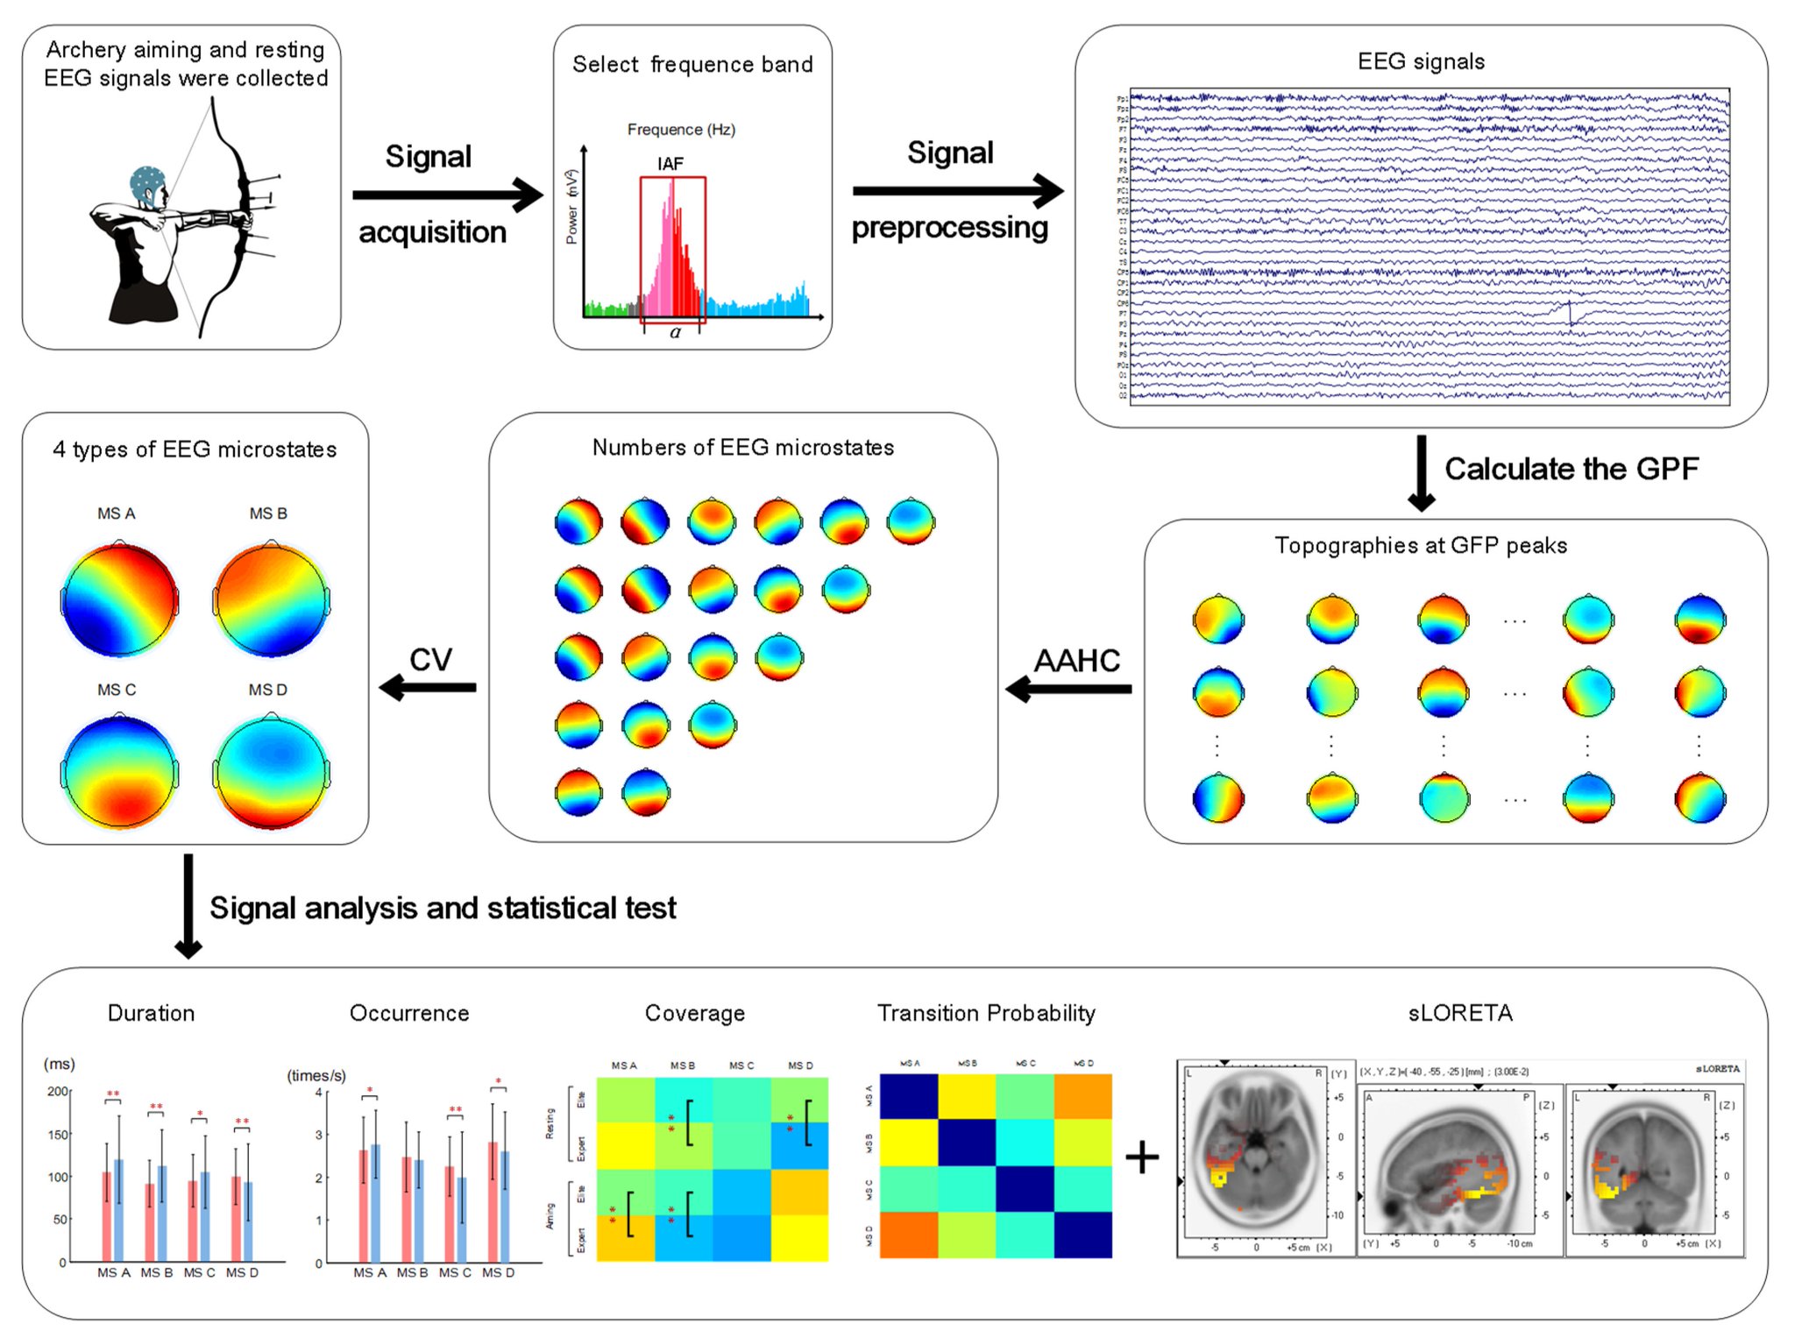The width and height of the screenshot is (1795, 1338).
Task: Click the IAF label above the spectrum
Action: point(670,164)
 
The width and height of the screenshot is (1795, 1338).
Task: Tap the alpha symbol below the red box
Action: point(675,333)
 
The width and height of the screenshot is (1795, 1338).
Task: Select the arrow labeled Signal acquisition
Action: point(447,195)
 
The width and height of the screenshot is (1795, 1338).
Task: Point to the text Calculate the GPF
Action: point(1571,469)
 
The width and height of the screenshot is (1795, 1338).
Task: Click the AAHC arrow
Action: point(1069,689)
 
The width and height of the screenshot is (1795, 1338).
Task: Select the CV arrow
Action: point(429,688)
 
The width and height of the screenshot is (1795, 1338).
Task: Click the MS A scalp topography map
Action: point(119,600)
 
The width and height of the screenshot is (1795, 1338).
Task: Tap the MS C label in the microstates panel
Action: point(117,690)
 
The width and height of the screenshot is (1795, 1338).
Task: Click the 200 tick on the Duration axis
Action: point(58,1091)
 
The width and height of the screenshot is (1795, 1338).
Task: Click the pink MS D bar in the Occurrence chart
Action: point(493,1202)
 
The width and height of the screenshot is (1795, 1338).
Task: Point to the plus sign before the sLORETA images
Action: point(1142,1157)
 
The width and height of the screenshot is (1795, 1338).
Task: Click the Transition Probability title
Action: point(986,1013)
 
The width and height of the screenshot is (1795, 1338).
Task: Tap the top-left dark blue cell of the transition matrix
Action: point(908,1097)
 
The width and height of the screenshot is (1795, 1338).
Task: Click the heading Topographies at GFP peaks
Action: point(1420,545)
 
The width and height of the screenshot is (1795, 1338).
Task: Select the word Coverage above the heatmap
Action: point(694,1013)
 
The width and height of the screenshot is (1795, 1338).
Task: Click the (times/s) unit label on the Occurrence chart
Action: point(316,1075)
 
